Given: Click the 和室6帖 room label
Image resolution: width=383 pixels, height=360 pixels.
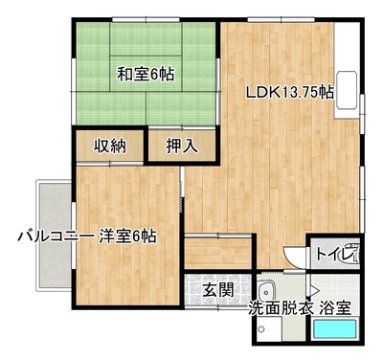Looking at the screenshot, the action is [x=146, y=75].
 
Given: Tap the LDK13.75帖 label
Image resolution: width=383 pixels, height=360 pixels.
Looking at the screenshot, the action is [x=290, y=93].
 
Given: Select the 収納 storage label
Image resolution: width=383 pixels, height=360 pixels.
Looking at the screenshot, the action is [x=109, y=146].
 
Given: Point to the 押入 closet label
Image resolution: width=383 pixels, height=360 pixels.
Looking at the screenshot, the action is [x=182, y=146].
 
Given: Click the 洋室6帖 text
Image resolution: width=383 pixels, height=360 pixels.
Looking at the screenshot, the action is [x=127, y=236].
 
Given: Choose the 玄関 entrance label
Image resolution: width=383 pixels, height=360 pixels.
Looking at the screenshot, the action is [x=219, y=290].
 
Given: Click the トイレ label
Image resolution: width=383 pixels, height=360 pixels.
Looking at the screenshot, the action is [x=336, y=255].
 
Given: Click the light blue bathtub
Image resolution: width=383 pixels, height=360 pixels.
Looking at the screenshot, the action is [x=334, y=330].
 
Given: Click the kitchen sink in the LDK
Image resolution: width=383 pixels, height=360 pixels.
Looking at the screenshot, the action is [x=346, y=90].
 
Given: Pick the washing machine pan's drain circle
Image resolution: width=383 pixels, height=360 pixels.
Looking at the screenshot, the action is [x=262, y=329].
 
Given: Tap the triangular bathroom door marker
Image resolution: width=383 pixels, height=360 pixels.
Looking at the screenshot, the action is [x=315, y=291].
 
